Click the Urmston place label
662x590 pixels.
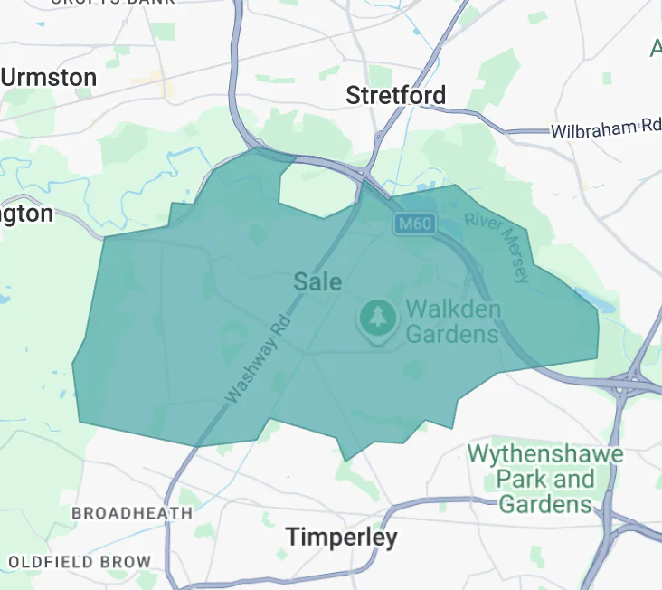coord(49,78)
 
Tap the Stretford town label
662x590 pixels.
coord(396,95)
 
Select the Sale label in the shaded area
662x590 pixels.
coord(317,282)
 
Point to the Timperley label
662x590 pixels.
coord(342,538)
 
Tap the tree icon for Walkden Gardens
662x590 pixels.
coord(377,319)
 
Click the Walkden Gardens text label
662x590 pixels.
coord(452,320)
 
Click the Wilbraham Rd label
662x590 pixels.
coord(605,128)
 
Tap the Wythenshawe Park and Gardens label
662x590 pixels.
coord(545,478)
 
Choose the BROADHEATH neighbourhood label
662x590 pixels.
coord(132,513)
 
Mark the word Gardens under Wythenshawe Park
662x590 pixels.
coord(545,503)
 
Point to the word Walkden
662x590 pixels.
coord(452,308)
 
